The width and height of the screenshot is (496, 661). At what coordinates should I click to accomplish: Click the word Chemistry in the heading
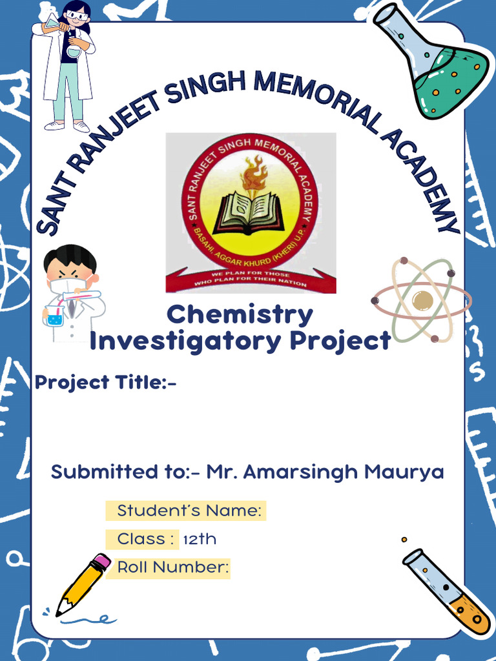click(x=240, y=315)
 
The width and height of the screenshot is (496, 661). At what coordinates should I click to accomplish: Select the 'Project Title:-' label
click(x=106, y=382)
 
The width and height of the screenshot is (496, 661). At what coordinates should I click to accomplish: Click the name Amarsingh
click(x=300, y=472)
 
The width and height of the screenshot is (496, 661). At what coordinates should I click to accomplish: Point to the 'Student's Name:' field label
click(x=189, y=511)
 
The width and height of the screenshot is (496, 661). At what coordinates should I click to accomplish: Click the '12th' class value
click(x=200, y=539)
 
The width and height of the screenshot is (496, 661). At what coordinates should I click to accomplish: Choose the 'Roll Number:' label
click(x=172, y=568)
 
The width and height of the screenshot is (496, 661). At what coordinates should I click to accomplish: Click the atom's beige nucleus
click(x=422, y=300)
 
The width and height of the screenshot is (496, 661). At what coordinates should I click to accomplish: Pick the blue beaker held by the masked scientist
click(x=55, y=316)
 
